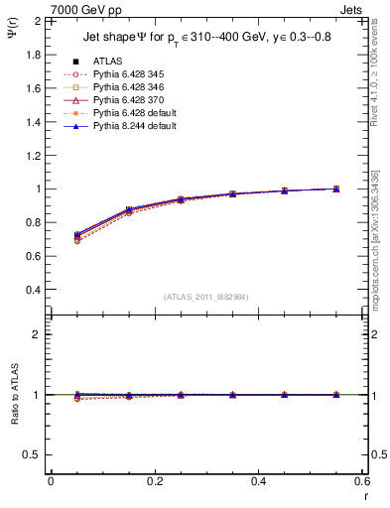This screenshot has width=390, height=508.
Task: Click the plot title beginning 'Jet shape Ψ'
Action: tap(208, 40)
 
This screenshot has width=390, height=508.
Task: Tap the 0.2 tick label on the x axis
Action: tap(154, 481)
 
